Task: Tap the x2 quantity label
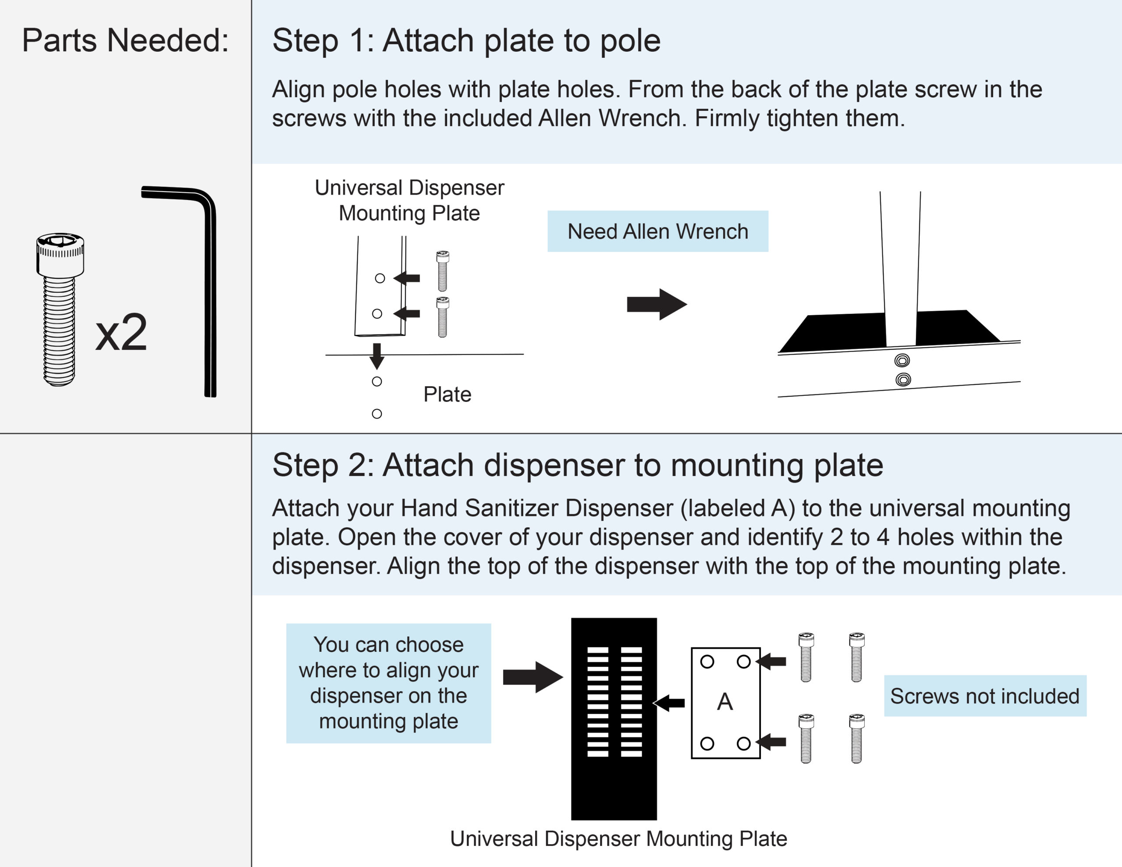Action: point(121,333)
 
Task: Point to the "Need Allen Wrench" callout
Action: point(657,231)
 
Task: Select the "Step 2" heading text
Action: point(578,465)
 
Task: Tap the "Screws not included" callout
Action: point(985,696)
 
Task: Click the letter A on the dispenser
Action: point(725,701)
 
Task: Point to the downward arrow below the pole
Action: point(377,355)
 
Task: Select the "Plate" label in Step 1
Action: point(447,394)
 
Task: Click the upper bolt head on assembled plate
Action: point(902,360)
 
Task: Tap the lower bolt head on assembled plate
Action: point(902,380)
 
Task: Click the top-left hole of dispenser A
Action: point(707,661)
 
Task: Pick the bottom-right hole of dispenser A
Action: point(743,743)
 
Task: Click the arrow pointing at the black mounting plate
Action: point(669,703)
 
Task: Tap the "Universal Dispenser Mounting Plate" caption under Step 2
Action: point(618,839)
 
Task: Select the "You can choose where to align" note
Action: point(388,683)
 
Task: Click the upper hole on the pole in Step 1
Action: point(380,278)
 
